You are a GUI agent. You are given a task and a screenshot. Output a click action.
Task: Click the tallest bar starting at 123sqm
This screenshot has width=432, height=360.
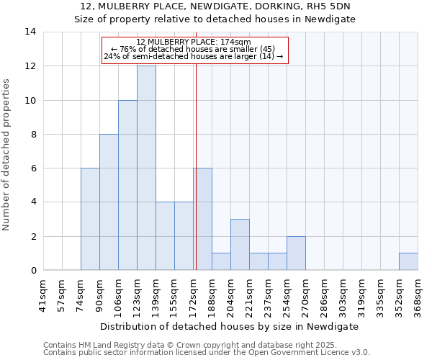146,168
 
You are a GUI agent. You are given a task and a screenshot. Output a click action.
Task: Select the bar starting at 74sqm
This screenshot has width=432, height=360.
90,219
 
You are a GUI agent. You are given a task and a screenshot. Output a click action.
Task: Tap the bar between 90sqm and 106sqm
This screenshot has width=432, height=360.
109,202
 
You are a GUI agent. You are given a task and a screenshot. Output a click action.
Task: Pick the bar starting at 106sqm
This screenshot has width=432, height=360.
127,185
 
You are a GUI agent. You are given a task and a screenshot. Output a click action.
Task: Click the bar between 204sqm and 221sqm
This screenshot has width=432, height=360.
240,245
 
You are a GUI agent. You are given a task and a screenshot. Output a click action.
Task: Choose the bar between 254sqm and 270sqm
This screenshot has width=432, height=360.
296,253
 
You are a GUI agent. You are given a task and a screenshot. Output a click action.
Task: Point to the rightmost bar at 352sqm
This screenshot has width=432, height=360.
408,262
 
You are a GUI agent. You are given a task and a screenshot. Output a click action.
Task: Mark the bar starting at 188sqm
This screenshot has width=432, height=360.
221,262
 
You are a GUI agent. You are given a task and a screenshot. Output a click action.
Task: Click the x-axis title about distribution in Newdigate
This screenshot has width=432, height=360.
230,326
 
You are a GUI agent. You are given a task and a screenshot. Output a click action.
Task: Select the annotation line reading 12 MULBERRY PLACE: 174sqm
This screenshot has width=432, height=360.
194,42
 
